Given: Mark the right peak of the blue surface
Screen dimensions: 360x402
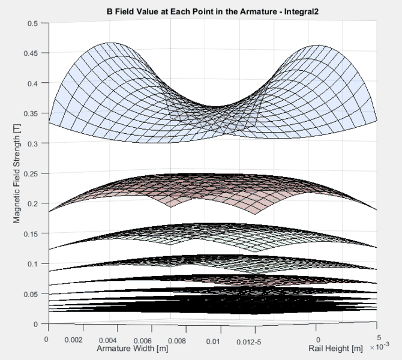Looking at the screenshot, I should tap(312, 44).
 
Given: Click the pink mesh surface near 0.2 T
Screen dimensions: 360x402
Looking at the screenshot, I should tap(210, 192).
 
